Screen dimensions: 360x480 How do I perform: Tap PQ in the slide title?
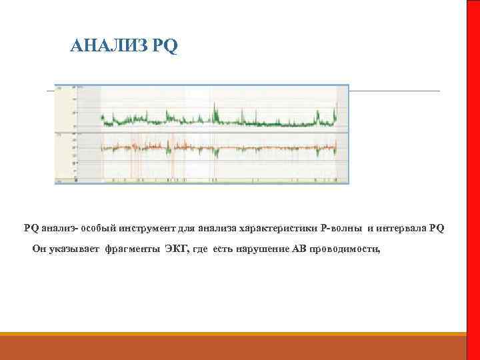[165, 46]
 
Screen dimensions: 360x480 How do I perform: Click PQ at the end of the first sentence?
[437, 228]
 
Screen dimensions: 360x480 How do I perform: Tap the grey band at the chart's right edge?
[342, 133]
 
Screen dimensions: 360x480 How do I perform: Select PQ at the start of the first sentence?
[31, 228]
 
